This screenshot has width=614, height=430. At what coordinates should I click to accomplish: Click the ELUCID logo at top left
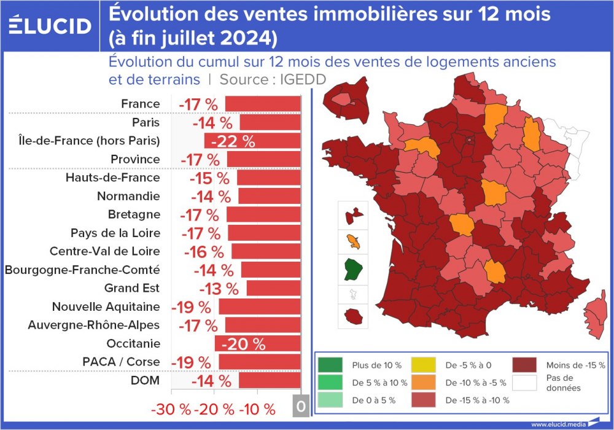(x=50, y=25)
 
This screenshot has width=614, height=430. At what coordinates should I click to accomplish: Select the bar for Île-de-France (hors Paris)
(x=252, y=141)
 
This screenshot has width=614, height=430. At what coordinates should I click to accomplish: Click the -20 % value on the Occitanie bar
(x=243, y=343)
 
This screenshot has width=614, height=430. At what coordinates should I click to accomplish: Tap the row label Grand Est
(x=131, y=288)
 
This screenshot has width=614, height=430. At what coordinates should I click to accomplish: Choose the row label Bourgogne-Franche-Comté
(x=82, y=270)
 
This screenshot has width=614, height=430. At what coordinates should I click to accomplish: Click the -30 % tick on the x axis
(x=170, y=409)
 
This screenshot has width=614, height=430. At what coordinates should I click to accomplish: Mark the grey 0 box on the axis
(x=300, y=407)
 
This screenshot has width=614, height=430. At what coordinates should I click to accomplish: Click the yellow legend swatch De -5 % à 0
(x=423, y=364)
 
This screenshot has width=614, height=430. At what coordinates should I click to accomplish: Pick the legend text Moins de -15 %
(x=574, y=365)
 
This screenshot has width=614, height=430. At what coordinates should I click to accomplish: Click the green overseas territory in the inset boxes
(x=353, y=268)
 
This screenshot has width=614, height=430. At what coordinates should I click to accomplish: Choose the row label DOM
(x=145, y=380)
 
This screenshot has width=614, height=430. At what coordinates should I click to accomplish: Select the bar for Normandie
(x=270, y=196)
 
